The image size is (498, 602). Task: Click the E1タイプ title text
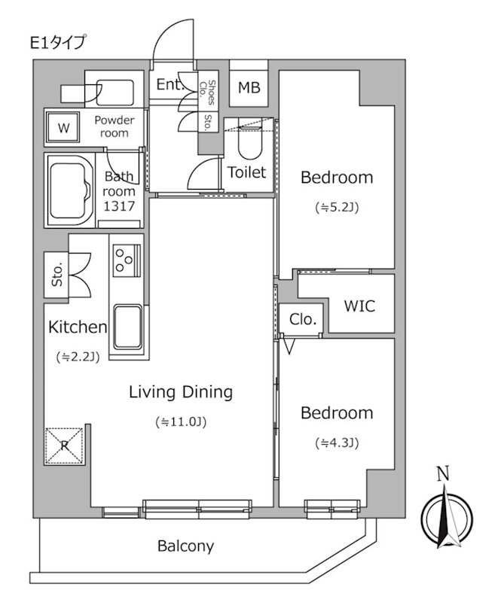58,43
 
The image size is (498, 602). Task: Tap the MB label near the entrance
249,88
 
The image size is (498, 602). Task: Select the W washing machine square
63,127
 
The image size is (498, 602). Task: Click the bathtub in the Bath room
69,190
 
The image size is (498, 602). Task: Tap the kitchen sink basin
128,327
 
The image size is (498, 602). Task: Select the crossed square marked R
64,445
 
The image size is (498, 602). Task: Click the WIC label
359,306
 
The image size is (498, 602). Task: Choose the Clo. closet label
303,319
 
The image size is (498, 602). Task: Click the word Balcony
185,546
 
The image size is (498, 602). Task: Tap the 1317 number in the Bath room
119,206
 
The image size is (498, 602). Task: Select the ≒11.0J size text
181,422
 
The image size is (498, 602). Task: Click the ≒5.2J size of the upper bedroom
337,208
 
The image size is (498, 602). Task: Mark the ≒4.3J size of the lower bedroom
337,443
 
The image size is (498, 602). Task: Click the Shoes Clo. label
207,92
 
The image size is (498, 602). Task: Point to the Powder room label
115,126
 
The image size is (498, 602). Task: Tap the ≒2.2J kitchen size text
78,357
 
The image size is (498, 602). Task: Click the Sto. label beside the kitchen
57,275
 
